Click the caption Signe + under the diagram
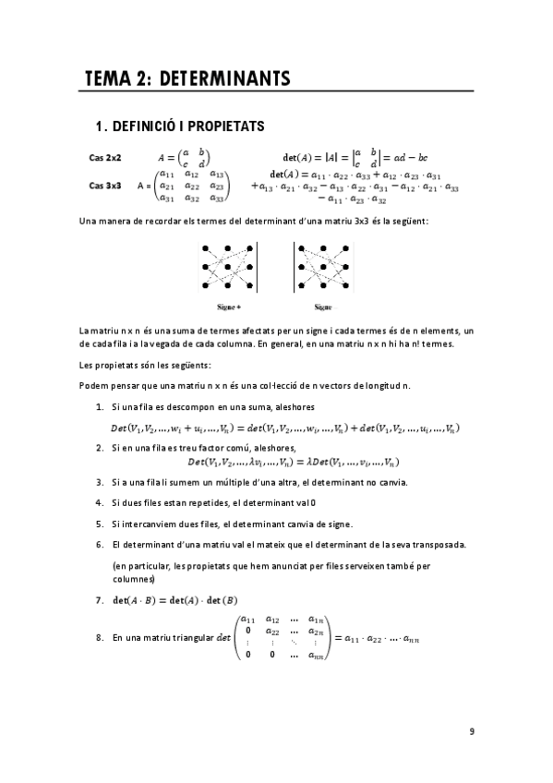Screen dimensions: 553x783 [x=229, y=306]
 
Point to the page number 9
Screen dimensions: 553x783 [x=472, y=731]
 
